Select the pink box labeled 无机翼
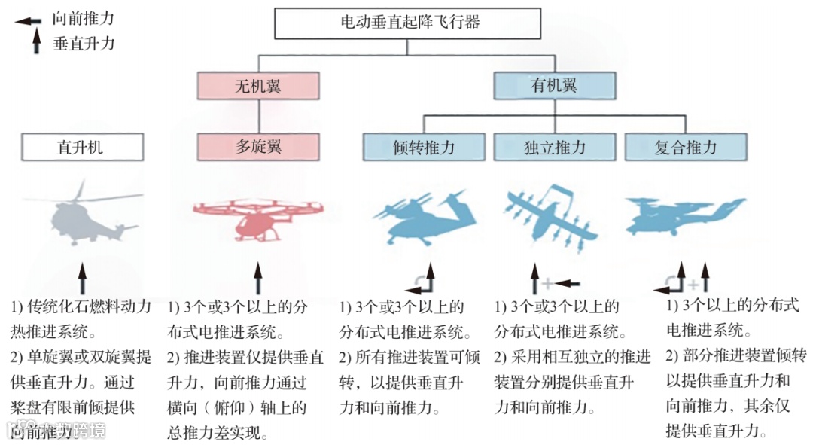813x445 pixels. point(258,86)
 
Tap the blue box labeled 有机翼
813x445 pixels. point(554,86)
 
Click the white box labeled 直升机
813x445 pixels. point(82,147)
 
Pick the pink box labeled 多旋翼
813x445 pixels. point(258,147)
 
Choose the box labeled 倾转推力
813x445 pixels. point(424,147)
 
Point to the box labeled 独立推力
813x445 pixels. point(554,147)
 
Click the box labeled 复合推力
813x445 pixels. point(685,147)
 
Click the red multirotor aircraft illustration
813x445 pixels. point(258,215)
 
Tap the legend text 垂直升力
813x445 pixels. point(84,44)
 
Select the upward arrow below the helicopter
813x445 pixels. point(83,279)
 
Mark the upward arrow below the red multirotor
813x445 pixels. point(258,279)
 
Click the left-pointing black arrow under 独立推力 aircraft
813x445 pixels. point(569,283)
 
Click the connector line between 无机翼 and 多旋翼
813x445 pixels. point(258,117)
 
